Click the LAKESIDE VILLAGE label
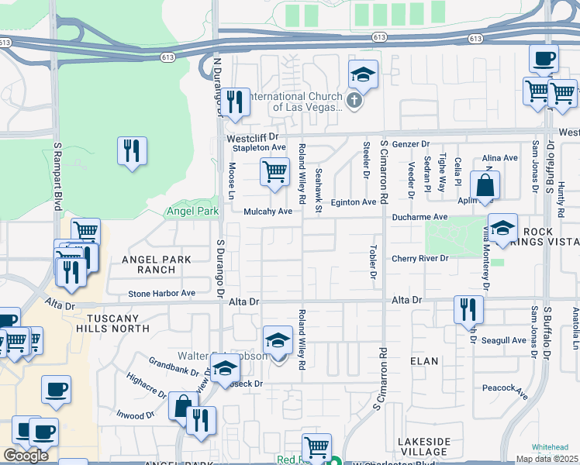point(423,447)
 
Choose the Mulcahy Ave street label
point(268,211)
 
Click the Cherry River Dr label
point(421,259)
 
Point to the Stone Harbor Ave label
point(162,294)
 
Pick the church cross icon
point(354,100)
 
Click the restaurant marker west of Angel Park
point(132,150)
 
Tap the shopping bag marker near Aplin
point(485,186)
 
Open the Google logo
point(26,456)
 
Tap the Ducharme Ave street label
point(419,218)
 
